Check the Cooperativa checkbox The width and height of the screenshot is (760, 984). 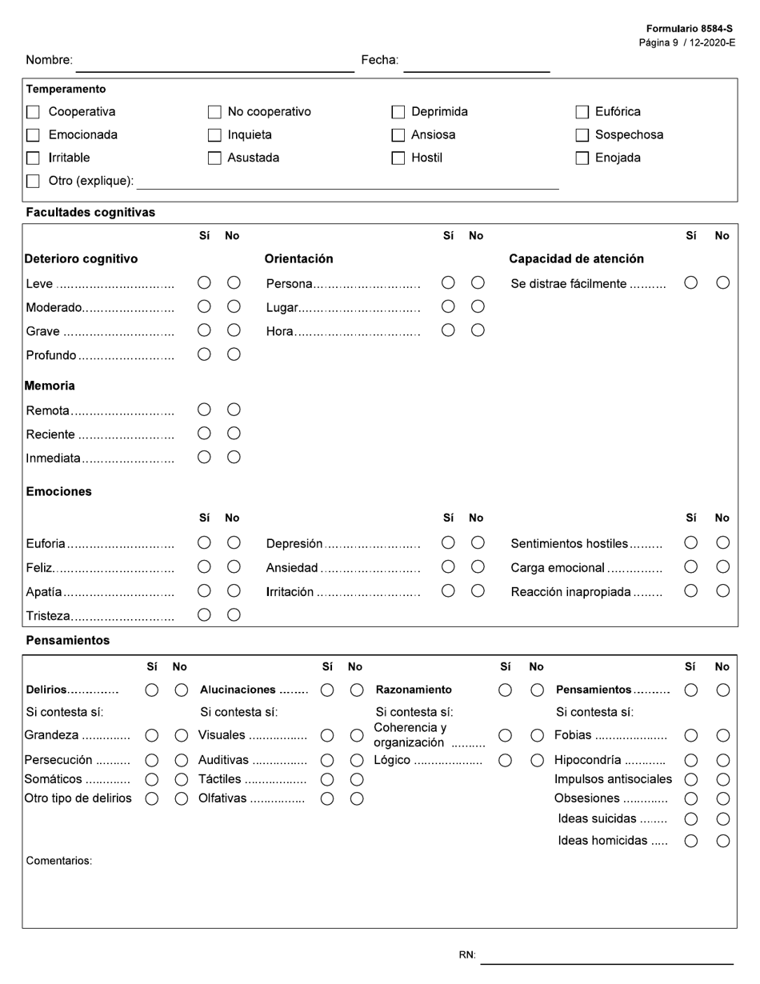point(33,112)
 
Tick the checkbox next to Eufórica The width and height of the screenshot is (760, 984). point(582,112)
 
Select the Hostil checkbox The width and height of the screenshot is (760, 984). point(398,158)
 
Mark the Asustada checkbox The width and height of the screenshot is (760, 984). point(214,158)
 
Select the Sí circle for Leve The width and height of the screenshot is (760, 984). point(204,282)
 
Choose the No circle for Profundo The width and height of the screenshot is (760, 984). point(234,354)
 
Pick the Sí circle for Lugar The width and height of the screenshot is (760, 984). point(448,306)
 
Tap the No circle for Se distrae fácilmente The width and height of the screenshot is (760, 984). point(722,282)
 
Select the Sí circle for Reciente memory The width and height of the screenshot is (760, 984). point(204,433)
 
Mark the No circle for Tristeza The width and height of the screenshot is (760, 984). point(234,614)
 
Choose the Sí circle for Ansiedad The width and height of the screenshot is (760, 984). point(448,566)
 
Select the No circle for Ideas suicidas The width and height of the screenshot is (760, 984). point(722,818)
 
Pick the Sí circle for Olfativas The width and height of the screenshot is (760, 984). point(327,798)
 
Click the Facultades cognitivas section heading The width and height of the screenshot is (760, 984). point(90,213)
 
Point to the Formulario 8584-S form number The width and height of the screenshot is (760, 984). point(689,29)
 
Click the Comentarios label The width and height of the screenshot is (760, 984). point(59,861)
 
